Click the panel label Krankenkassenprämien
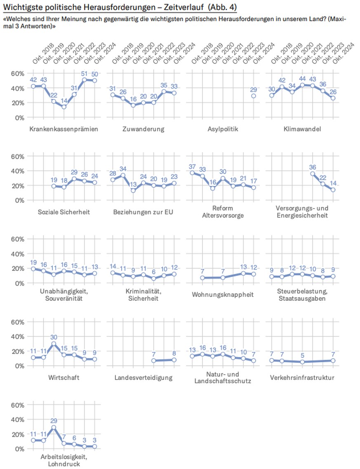point(64,129)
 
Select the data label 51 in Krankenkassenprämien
point(85,75)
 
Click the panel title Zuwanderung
point(143,129)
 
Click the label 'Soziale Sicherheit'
point(64,212)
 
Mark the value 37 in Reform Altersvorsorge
point(192,166)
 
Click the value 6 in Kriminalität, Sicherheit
point(153,272)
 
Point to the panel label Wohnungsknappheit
point(223,295)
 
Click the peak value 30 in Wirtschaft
point(53,337)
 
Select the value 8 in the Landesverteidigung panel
point(174,353)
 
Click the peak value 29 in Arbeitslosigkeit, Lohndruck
point(53,421)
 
